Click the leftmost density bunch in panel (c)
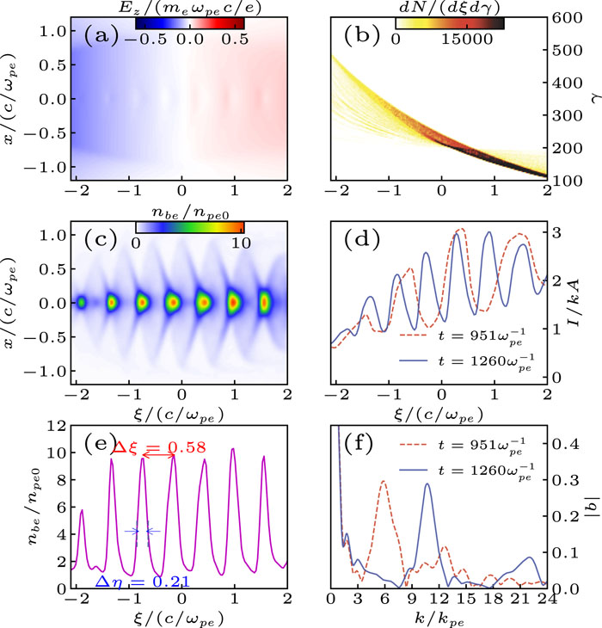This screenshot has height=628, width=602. coord(81,303)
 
